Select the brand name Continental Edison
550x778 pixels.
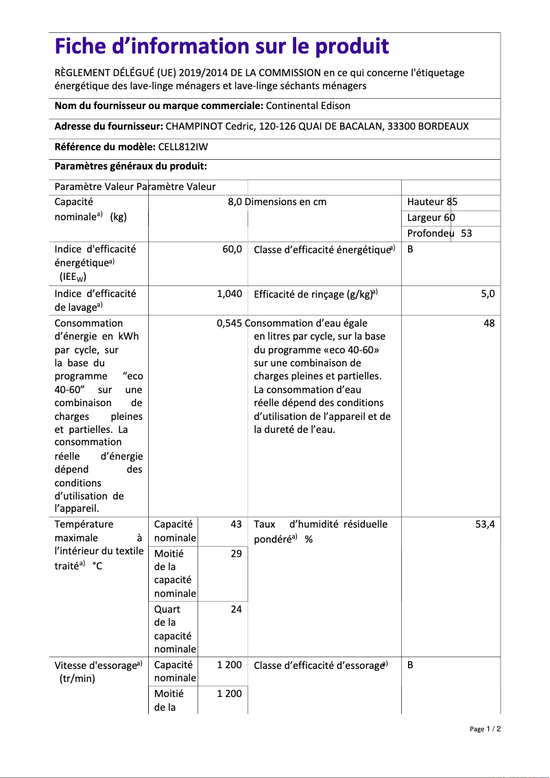(x=307, y=106)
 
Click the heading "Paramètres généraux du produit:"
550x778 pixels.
(x=130, y=166)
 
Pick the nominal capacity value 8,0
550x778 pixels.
(x=235, y=202)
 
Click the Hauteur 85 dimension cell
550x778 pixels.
(x=432, y=202)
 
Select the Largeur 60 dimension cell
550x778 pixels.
(x=431, y=217)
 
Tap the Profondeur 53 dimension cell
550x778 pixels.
(x=439, y=233)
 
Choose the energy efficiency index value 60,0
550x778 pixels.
(x=232, y=250)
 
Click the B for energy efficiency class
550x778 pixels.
(x=410, y=250)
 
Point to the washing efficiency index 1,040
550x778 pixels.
(x=229, y=294)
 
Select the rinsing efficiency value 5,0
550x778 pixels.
(x=488, y=294)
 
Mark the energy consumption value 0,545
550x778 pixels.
(x=229, y=323)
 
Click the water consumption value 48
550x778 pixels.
(x=489, y=323)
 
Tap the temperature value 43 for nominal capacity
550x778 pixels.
(x=236, y=524)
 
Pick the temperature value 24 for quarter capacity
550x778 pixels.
(x=236, y=609)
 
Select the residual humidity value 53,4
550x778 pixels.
(x=485, y=524)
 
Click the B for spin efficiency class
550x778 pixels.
(x=410, y=665)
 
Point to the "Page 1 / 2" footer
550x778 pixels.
(x=485, y=729)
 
